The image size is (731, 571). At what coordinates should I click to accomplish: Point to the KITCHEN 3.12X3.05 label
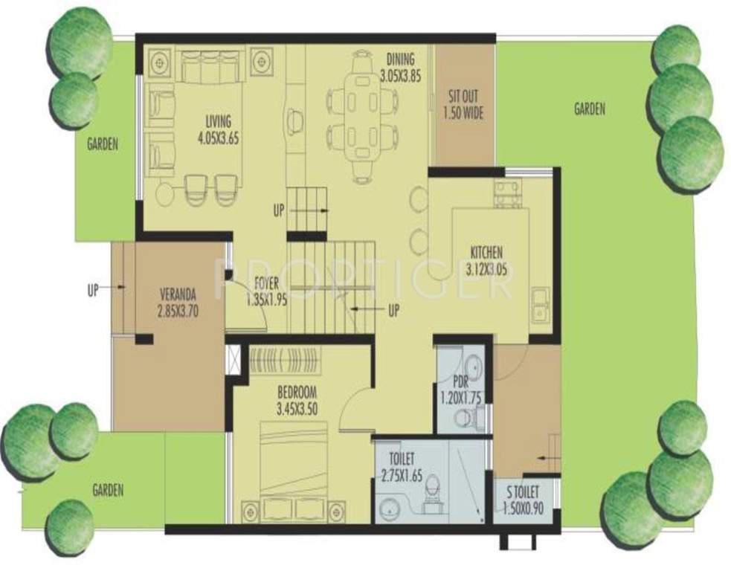coord(486,259)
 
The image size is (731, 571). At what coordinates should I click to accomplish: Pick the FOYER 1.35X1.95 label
coord(266,289)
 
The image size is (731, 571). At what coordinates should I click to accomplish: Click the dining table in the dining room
coord(362,115)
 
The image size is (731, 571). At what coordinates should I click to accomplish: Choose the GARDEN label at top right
coord(589,109)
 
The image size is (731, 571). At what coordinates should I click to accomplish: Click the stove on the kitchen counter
coord(509,194)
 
